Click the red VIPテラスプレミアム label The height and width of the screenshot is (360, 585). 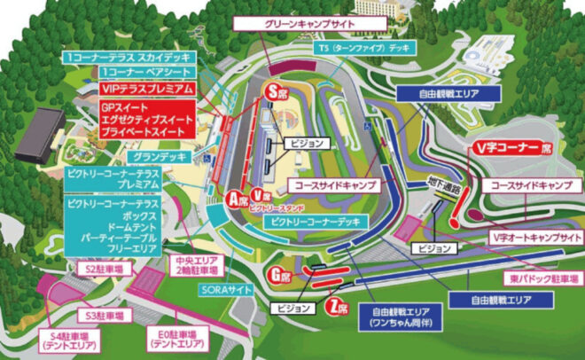point(146,88)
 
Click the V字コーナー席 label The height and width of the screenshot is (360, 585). point(513,147)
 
